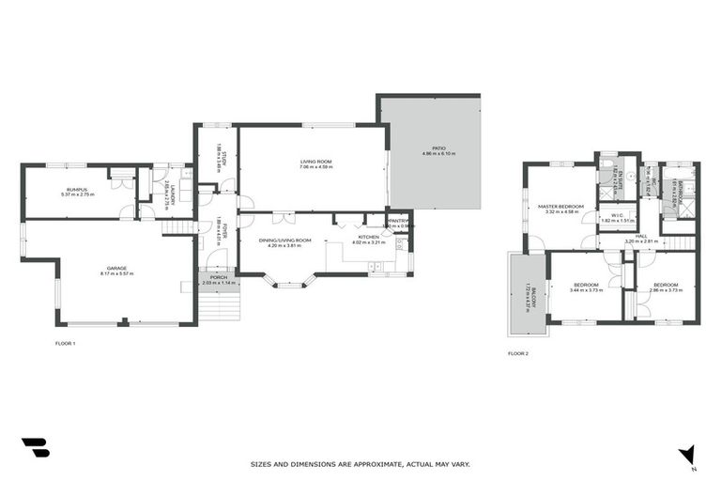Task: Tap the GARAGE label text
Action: [x=118, y=269]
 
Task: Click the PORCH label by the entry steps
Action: [x=217, y=276]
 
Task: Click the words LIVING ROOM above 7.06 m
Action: [x=316, y=162]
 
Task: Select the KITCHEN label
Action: [x=369, y=237]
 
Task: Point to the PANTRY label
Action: [x=399, y=221]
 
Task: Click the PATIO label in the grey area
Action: [x=438, y=147]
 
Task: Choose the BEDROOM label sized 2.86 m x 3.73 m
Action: [x=666, y=285]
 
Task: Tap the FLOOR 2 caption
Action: [x=518, y=354]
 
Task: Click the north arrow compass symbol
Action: [x=688, y=454]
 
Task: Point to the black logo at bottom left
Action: [x=35, y=448]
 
